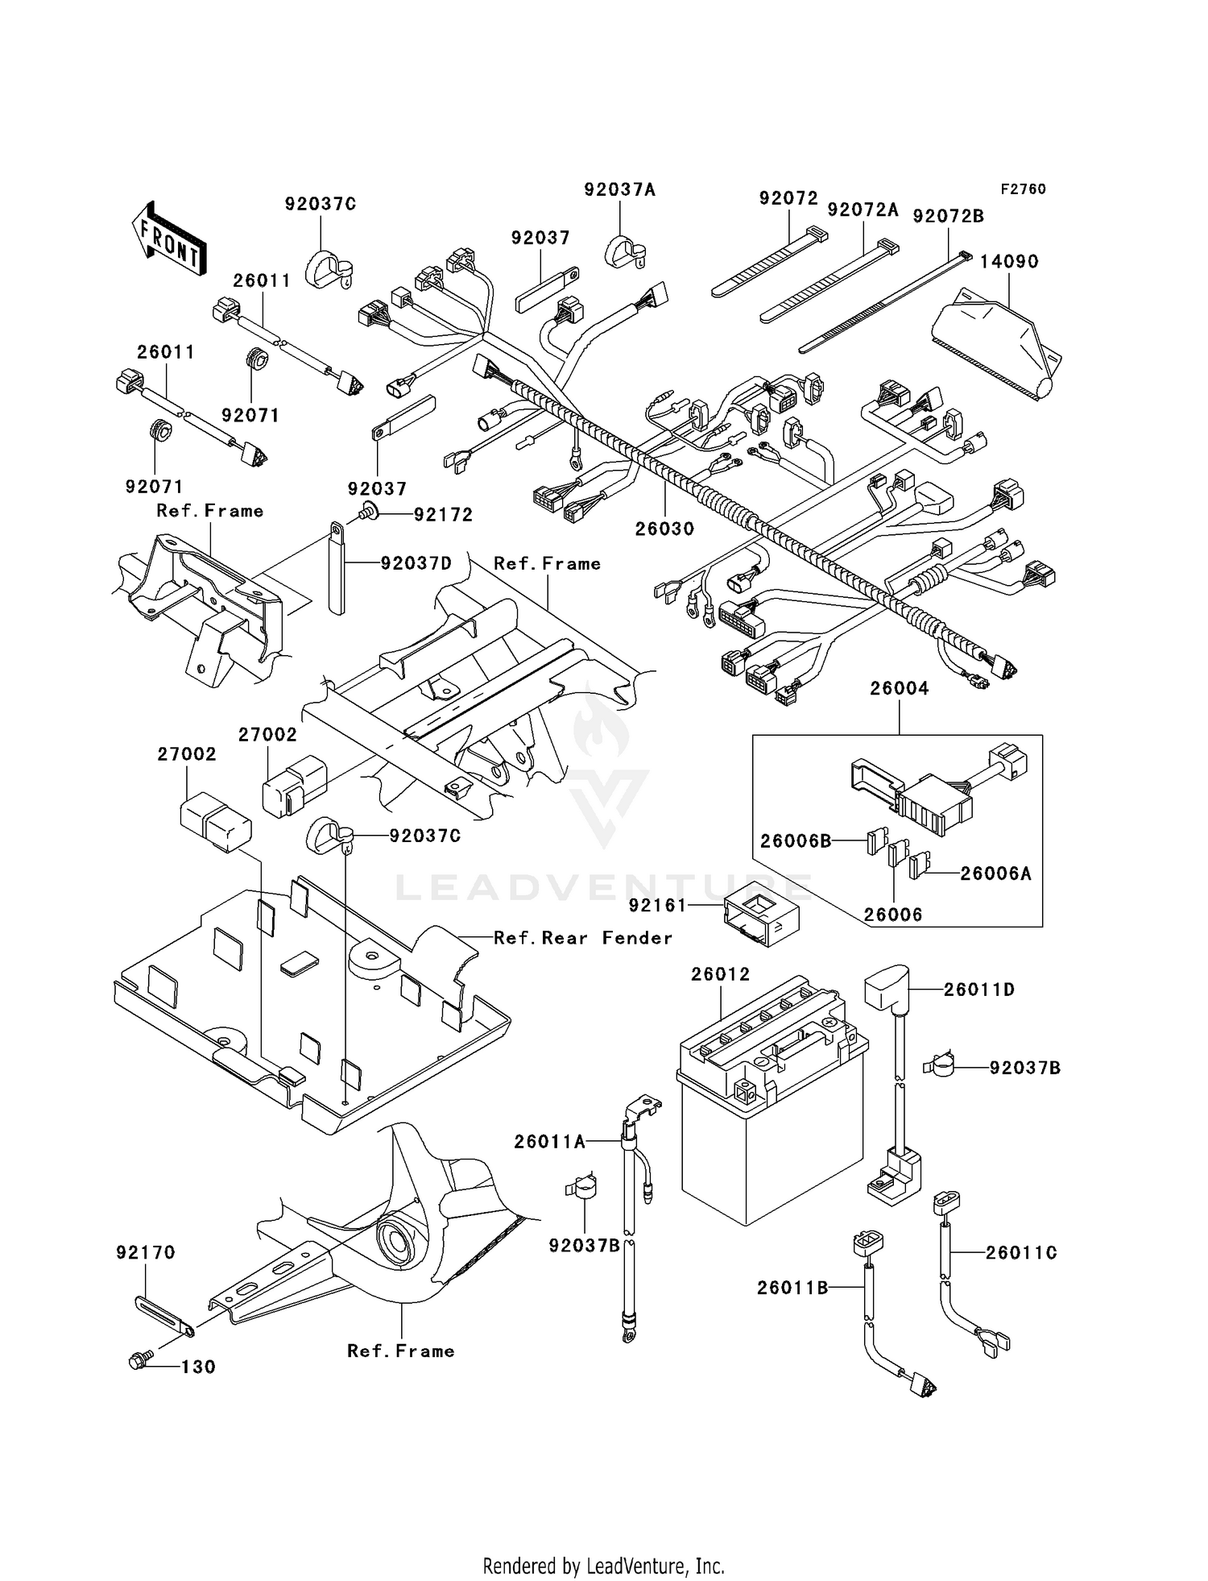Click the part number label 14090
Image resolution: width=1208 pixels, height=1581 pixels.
coord(1009,262)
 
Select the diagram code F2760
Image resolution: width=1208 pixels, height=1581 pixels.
coord(1023,189)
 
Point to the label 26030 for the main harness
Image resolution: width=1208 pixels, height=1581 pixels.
coord(664,529)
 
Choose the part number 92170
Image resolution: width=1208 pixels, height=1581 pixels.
coord(145,1253)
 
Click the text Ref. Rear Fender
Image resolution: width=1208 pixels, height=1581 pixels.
coord(582,938)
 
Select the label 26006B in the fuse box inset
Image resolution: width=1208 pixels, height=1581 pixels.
coord(795,841)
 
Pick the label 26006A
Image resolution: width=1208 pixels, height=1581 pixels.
coord(995,873)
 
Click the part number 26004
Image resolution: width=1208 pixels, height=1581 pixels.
coord(899,689)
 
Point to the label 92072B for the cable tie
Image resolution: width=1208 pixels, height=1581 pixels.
coord(948,217)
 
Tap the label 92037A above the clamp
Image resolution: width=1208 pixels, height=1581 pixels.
coord(619,190)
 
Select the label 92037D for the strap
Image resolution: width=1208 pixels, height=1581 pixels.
coord(416,563)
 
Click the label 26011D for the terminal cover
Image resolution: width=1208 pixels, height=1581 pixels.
coord(978,990)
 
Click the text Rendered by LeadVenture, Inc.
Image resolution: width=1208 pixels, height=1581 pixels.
coord(603,1566)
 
